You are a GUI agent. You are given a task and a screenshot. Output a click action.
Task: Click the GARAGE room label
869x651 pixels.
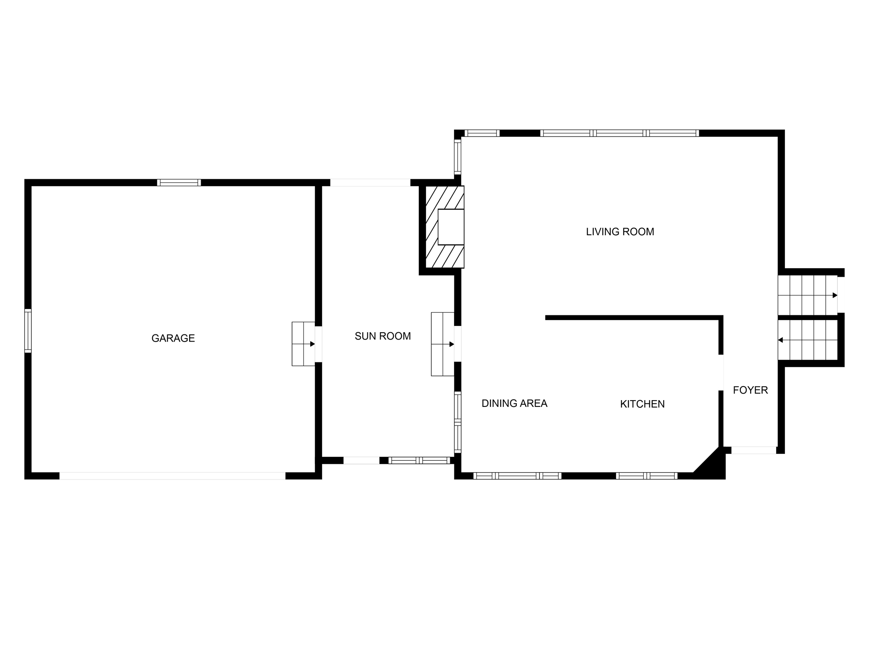[173, 338]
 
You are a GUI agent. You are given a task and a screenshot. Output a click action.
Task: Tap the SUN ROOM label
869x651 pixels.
[383, 336]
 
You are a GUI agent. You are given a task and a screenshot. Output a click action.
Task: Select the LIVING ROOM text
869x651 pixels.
[620, 232]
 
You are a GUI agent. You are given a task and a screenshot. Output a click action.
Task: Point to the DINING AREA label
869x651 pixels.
[514, 403]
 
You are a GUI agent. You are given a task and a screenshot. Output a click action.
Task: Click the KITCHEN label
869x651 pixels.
[642, 404]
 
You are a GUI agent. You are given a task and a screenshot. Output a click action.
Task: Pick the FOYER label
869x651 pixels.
[750, 390]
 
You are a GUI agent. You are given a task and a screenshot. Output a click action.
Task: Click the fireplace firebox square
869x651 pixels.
[451, 227]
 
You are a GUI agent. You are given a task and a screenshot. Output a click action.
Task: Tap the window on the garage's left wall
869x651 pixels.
[28, 331]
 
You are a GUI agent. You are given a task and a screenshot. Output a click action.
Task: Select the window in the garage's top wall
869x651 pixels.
[179, 183]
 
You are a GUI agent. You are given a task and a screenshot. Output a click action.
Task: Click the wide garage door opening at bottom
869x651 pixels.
[172, 476]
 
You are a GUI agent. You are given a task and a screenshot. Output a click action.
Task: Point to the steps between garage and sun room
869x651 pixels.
[303, 344]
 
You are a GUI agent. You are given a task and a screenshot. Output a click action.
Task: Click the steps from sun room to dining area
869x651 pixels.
[443, 344]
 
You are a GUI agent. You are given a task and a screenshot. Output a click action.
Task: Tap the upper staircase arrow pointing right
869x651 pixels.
[835, 295]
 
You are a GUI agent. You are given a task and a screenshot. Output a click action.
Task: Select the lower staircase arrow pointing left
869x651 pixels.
[781, 340]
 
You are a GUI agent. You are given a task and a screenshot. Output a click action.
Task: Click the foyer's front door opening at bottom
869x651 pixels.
[754, 450]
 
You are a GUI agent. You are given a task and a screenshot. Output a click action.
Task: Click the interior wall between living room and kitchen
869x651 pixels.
[632, 317]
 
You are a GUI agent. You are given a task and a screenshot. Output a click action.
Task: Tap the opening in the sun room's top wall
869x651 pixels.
[370, 183]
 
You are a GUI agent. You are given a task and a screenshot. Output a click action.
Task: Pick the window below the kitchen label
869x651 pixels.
[646, 476]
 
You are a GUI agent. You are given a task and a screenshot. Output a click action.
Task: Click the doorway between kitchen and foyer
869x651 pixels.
[720, 372]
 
